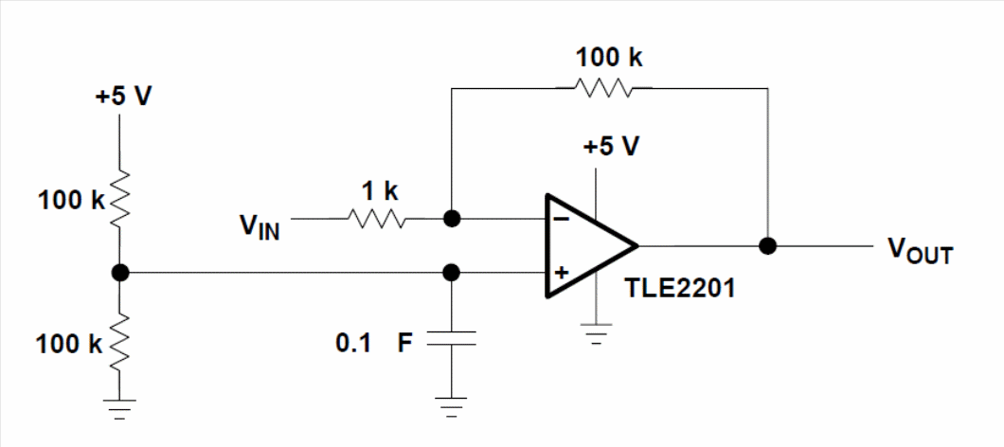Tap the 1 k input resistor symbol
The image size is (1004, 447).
[378, 219]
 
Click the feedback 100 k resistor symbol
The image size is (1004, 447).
[603, 88]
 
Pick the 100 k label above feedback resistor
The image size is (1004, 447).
[608, 57]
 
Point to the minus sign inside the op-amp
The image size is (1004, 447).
[562, 219]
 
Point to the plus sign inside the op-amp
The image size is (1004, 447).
[561, 273]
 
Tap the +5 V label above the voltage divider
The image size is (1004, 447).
[122, 98]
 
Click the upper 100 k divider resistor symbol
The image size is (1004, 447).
[120, 200]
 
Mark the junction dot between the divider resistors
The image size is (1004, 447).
[120, 273]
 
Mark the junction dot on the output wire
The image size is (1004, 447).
[768, 245]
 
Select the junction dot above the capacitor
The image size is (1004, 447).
[452, 273]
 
